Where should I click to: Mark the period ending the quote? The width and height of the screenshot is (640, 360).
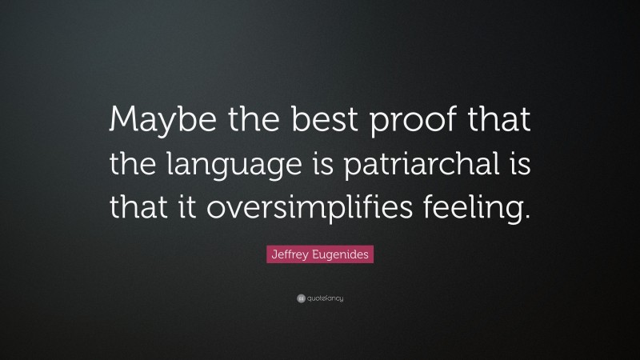click(x=527, y=217)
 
